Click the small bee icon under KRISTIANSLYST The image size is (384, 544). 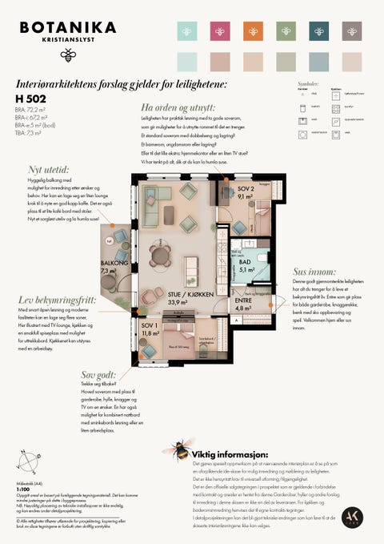coord(68,54)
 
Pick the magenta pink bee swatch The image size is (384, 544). coord(219,31)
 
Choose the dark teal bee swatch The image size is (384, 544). coord(318,31)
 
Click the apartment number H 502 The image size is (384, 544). coord(31,98)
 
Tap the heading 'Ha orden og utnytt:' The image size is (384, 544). coord(177,107)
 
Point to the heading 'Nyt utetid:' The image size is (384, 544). coord(49,170)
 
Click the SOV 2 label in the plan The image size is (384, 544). coord(246,189)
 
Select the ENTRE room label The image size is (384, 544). coord(244,301)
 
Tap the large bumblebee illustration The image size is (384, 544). coord(178,449)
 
